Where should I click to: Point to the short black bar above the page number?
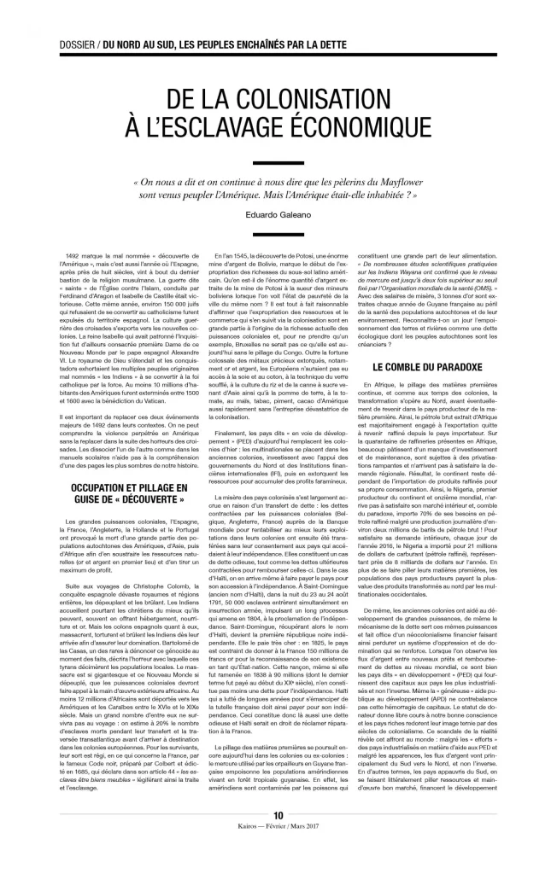278,829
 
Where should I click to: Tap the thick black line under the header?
278,54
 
